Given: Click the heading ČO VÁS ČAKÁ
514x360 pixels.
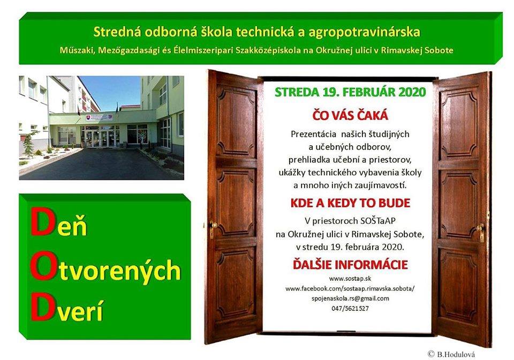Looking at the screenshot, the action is [350, 115].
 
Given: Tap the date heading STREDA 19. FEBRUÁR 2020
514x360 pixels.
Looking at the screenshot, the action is [350, 92].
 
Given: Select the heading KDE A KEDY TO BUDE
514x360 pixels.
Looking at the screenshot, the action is [350, 203].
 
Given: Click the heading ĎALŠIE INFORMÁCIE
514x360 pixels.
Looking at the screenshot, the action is [350, 264].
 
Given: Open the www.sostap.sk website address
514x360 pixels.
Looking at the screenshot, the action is [350, 279].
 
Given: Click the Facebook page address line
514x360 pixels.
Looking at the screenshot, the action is [350, 289].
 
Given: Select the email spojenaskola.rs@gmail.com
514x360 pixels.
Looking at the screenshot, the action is [350, 299].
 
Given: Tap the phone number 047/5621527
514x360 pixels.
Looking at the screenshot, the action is [350, 309].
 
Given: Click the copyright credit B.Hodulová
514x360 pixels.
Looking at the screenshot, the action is [451, 354].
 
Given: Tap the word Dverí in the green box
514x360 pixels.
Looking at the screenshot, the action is [67, 308].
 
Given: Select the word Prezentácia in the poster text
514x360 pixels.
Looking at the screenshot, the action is [313, 134].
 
